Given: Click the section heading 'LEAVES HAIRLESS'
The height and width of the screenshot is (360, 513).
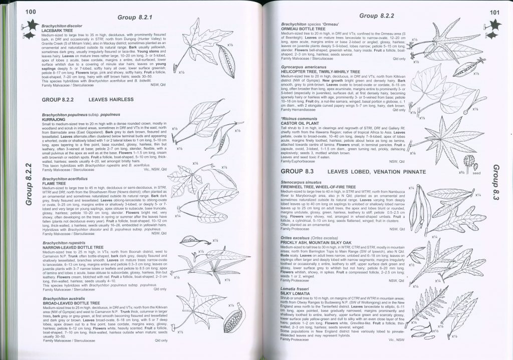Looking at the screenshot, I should click(x=111, y=100).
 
